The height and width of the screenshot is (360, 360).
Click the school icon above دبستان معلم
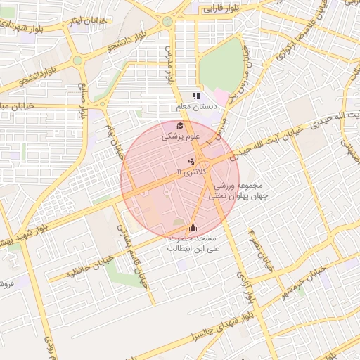click(197, 96)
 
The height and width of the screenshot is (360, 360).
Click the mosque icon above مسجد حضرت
click(193, 227)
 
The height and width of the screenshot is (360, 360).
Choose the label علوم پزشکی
click(181, 136)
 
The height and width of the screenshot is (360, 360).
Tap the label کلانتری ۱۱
click(193, 171)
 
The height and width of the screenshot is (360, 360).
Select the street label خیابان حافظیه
click(84, 269)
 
